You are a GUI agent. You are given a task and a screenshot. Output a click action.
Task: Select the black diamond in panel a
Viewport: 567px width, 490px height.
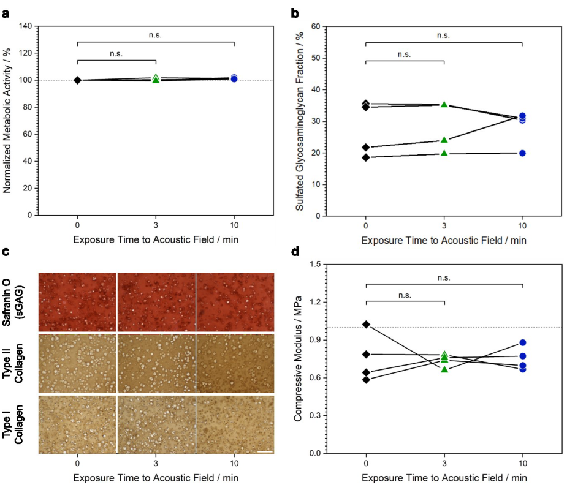tap(77, 80)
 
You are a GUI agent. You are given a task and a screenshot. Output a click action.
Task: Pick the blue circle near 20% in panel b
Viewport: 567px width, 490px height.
tap(522, 153)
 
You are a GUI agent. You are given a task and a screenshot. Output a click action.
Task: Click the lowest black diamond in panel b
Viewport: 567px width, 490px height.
tap(366, 157)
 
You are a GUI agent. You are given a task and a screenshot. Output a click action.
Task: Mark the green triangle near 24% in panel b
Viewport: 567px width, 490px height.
tap(444, 140)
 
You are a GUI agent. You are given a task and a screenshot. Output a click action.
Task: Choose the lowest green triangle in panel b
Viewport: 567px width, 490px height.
tap(444, 153)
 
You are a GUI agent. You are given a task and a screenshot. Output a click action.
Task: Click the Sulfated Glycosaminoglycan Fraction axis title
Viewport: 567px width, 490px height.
tap(300, 121)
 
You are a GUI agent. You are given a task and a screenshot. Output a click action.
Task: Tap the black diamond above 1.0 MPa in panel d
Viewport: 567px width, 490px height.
tap(366, 324)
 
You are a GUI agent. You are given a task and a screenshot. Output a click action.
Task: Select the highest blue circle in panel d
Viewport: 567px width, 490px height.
tap(522, 343)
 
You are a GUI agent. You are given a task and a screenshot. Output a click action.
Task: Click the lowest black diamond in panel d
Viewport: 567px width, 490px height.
tap(366, 380)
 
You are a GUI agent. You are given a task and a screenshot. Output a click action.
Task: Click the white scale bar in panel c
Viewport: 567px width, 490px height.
tap(264, 451)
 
